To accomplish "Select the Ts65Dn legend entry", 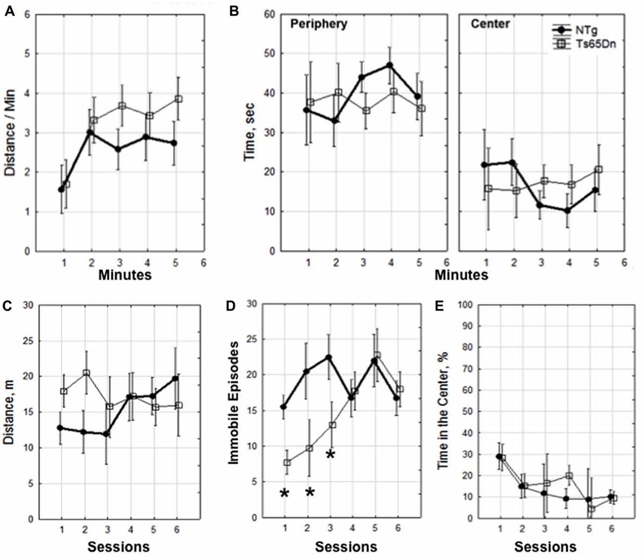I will pyautogui.click(x=593, y=45).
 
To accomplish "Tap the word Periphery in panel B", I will pyautogui.click(x=319, y=24).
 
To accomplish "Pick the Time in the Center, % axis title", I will pyautogui.click(x=443, y=411).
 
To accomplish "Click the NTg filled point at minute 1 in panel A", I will pyautogui.click(x=61, y=189).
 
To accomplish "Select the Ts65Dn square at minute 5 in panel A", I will pyautogui.click(x=179, y=99).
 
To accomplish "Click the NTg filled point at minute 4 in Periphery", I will pyautogui.click(x=390, y=65).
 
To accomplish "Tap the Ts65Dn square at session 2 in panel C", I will pyautogui.click(x=86, y=373).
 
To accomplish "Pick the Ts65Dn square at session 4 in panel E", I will pyautogui.click(x=569, y=476).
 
